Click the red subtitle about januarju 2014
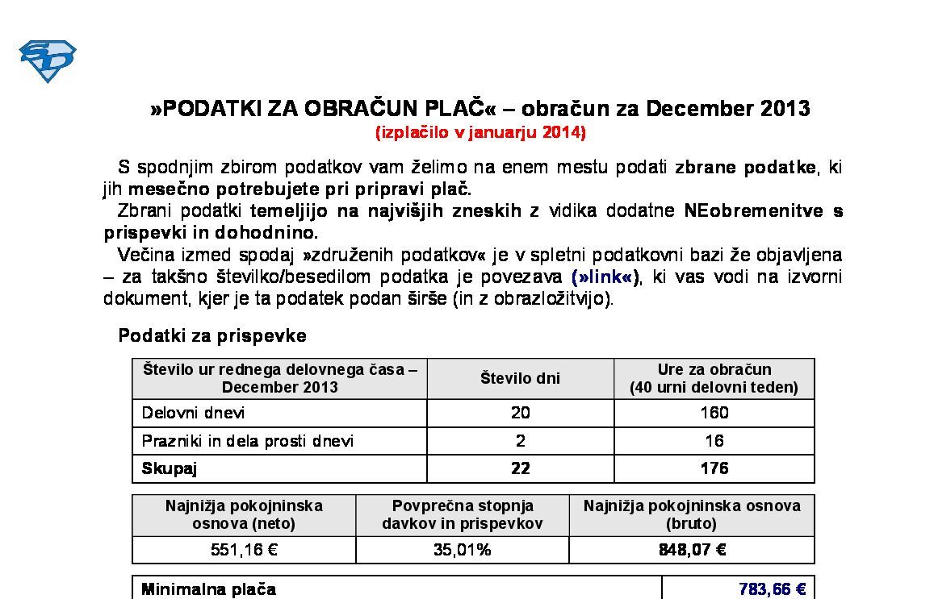(480, 132)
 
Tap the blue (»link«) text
(605, 277)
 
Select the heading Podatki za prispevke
(212, 336)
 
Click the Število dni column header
(520, 378)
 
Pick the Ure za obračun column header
(714, 378)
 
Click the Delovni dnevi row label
(193, 413)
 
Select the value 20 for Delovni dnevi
(520, 413)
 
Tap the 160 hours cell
(714, 413)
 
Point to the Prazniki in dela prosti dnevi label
(247, 441)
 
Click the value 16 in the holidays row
(714, 441)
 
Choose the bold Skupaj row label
(170, 468)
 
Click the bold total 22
(520, 468)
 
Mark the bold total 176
(714, 468)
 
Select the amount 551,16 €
(244, 550)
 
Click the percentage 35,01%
(462, 550)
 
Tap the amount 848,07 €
(692, 550)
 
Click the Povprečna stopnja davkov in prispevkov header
(462, 514)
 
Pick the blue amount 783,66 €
(772, 589)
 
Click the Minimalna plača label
(208, 589)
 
